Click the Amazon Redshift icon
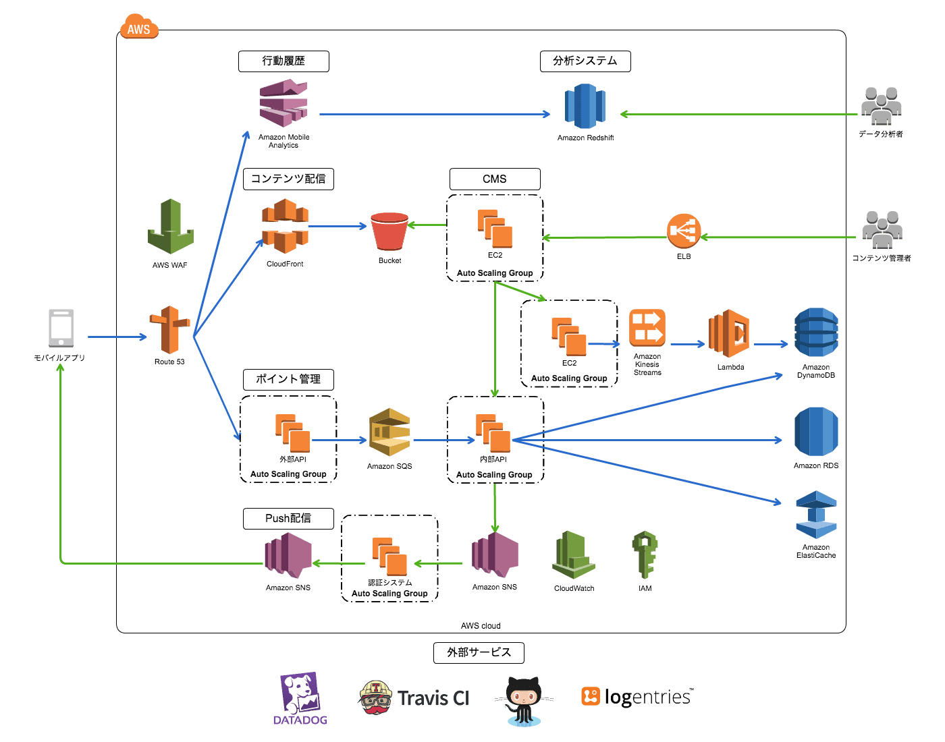pyautogui.click(x=585, y=106)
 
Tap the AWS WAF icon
pyautogui.click(x=171, y=227)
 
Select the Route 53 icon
pyautogui.click(x=169, y=330)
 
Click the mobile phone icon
pyautogui.click(x=61, y=328)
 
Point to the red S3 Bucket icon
pyautogui.click(x=389, y=231)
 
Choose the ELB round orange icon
pyautogui.click(x=683, y=231)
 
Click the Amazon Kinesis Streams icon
pyautogui.click(x=647, y=328)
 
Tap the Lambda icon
pyautogui.click(x=730, y=333)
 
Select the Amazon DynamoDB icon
pyautogui.click(x=816, y=333)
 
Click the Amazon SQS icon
pyautogui.click(x=389, y=432)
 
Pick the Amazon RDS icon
pyautogui.click(x=816, y=432)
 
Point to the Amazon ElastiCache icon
pyautogui.click(x=816, y=515)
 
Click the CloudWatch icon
pyautogui.click(x=574, y=555)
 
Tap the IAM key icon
pyautogui.click(x=645, y=554)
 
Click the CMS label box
pyautogui.click(x=495, y=179)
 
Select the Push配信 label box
pyautogui.click(x=288, y=518)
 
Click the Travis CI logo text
pyautogui.click(x=433, y=698)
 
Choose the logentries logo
pyautogui.click(x=637, y=696)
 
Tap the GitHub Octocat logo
pyautogui.click(x=524, y=700)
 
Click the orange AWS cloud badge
pyautogui.click(x=139, y=28)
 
